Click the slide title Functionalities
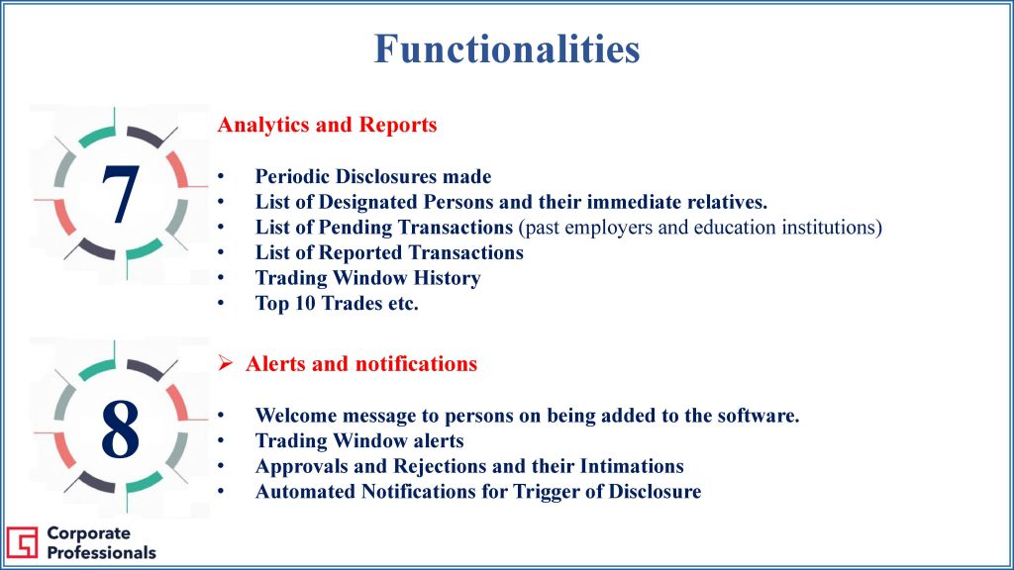coord(507,48)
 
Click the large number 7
coord(120,194)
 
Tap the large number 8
coord(120,428)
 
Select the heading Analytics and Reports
coord(327,124)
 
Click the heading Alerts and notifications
coord(361,364)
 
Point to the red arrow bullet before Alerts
coord(225,363)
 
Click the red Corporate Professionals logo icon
coord(22,542)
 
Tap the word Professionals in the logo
coord(102,552)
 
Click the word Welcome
coord(296,415)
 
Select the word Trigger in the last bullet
coord(547,492)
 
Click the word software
coord(758,415)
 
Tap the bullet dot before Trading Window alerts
coord(221,440)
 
